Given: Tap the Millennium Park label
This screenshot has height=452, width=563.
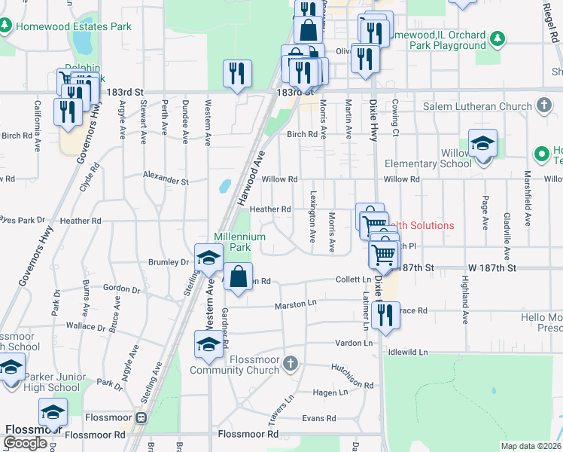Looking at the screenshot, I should point(239,241).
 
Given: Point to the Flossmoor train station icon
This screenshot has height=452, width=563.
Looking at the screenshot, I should point(139,417).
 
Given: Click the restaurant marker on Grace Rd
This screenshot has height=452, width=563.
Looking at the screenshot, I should point(385,316).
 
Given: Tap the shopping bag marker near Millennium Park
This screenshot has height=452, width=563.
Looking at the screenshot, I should point(238,276).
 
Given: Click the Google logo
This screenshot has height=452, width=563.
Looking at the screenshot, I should point(25,442).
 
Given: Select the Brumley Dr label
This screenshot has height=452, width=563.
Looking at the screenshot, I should point(167,261).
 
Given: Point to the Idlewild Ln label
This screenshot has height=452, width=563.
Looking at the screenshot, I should point(408,352).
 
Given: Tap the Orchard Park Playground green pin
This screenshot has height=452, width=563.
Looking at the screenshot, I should point(497,38).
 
